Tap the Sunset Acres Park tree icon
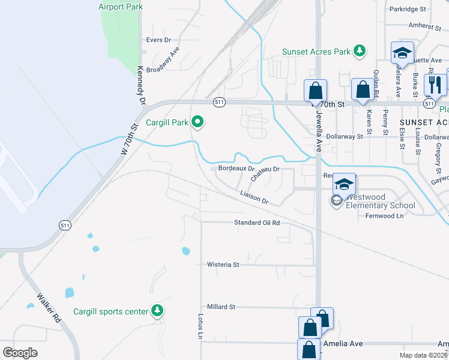tap(360, 52)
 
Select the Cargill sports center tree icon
tap(157, 311)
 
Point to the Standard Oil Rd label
tap(257, 223)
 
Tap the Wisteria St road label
tap(223, 264)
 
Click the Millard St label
tap(221, 307)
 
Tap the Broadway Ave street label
tap(163, 61)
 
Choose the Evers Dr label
tap(159, 40)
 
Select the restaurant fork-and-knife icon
tap(435, 84)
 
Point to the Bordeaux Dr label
tap(236, 168)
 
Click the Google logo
tap(20, 353)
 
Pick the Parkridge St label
tap(407, 10)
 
